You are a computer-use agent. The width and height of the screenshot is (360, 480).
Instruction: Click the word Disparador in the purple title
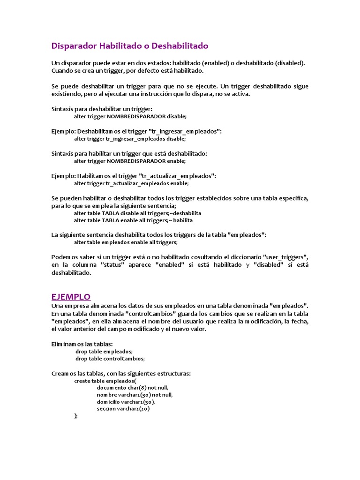(x=74, y=46)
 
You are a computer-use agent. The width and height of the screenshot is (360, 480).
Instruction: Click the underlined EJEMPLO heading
(x=71, y=297)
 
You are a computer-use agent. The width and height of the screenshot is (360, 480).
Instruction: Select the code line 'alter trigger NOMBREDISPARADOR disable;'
(x=130, y=116)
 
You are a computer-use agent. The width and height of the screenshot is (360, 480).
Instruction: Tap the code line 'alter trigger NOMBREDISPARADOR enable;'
(x=130, y=161)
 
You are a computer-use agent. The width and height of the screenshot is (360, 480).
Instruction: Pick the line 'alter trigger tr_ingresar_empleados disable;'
(x=130, y=139)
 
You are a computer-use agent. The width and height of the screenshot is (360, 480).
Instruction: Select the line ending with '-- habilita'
(x=134, y=220)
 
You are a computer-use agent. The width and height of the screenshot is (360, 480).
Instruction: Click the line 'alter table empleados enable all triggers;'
(x=126, y=242)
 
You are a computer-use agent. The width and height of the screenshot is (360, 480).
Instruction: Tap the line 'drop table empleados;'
(x=104, y=351)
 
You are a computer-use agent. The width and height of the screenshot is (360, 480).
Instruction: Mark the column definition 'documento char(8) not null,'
(x=133, y=388)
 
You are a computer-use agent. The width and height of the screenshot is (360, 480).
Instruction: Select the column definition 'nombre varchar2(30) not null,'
(x=135, y=395)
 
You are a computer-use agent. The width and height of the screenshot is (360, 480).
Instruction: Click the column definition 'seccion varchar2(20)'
(x=123, y=409)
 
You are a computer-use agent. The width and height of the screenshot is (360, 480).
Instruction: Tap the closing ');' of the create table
(x=76, y=416)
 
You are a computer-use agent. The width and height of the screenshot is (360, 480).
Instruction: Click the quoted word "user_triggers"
(x=285, y=257)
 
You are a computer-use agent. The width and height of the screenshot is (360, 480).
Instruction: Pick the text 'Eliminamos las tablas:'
(x=82, y=344)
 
